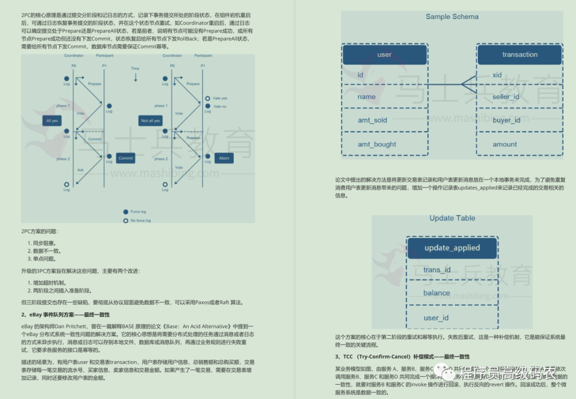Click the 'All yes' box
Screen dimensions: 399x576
tap(52, 121)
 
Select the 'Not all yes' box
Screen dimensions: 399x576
tap(150, 121)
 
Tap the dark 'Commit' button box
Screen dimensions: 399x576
tap(126, 158)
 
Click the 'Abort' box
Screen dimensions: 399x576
tap(225, 158)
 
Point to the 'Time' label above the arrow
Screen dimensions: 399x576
tap(135, 69)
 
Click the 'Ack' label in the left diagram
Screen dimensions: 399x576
tap(81, 170)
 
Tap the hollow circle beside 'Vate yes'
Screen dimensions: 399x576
tap(207, 99)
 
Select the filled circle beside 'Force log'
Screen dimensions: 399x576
tap(125, 211)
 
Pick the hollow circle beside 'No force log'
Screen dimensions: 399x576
tap(125, 221)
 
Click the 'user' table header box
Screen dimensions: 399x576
tap(384, 54)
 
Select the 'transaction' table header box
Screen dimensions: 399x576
tap(519, 54)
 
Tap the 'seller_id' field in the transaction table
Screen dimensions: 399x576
tap(506, 97)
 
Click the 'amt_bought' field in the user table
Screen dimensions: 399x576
tap(377, 144)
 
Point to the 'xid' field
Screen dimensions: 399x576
tap(497, 75)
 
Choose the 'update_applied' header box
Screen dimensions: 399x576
tap(452, 248)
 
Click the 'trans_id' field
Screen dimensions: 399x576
tap(437, 270)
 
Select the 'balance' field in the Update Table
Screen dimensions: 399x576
tap(437, 293)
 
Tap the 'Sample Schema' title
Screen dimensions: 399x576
tap(452, 17)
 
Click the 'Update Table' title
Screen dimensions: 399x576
tap(452, 218)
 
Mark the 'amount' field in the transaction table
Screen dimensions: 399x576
tap(505, 144)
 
